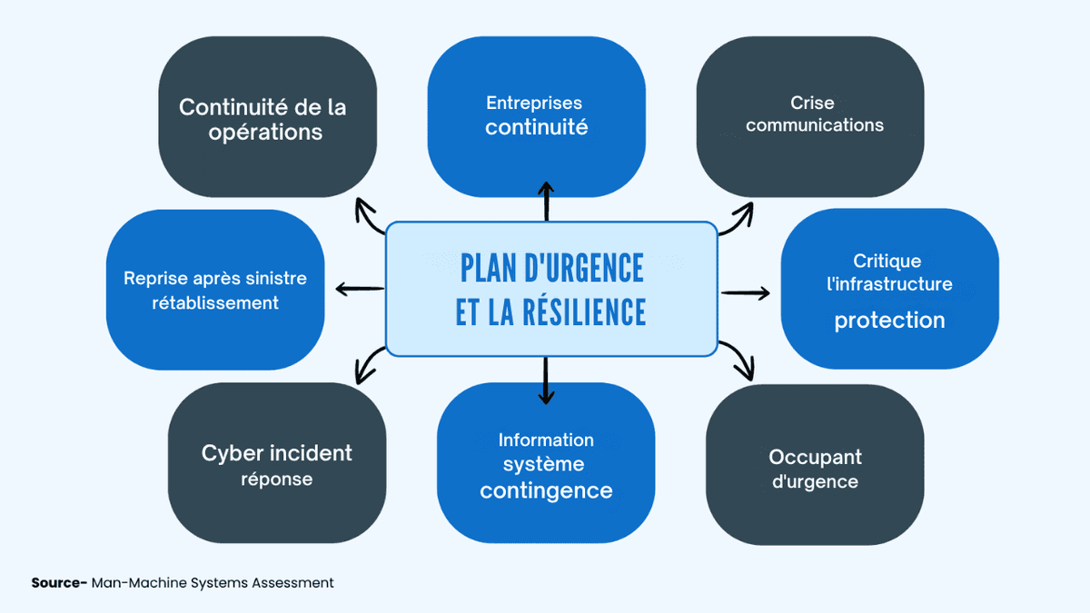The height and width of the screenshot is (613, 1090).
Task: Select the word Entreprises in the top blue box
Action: [534, 103]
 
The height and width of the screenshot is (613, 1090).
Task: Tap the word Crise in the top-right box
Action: [812, 103]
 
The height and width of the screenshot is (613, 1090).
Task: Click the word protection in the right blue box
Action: [889, 321]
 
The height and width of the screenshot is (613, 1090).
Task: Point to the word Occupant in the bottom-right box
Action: [815, 457]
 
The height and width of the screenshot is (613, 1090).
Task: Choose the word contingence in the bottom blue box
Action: [546, 491]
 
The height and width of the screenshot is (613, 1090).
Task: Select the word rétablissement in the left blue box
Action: [215, 303]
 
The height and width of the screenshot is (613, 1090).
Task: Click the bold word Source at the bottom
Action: [56, 583]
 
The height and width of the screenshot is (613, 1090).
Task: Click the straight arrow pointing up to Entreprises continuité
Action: [546, 201]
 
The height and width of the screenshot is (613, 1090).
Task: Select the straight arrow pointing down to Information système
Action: [546, 380]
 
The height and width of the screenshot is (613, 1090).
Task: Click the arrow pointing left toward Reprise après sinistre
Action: [359, 290]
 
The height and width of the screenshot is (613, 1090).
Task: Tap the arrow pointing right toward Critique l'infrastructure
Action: [746, 292]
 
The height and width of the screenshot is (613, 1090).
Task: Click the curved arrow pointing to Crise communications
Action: [738, 219]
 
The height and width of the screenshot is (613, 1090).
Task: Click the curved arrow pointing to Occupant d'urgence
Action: [739, 361]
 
